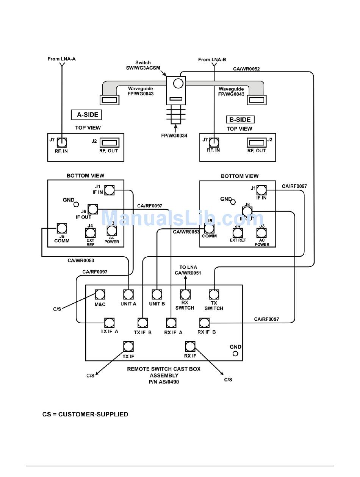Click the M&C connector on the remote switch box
(100, 294)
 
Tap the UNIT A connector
(128, 294)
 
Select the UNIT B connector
(157, 294)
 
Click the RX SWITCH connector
(185, 294)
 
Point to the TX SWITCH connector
(214, 294)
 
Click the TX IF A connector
(110, 323)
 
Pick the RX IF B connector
(204, 323)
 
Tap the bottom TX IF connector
(128, 346)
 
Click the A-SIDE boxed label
(87, 115)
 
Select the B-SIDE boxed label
(240, 120)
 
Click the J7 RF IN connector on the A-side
(62, 142)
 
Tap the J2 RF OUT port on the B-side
(256, 142)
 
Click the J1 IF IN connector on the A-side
(110, 190)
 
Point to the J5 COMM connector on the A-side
(62, 228)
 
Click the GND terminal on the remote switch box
(235, 354)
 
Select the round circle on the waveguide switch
(176, 83)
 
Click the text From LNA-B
(212, 59)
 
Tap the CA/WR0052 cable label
(246, 69)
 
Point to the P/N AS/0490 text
(164, 382)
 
